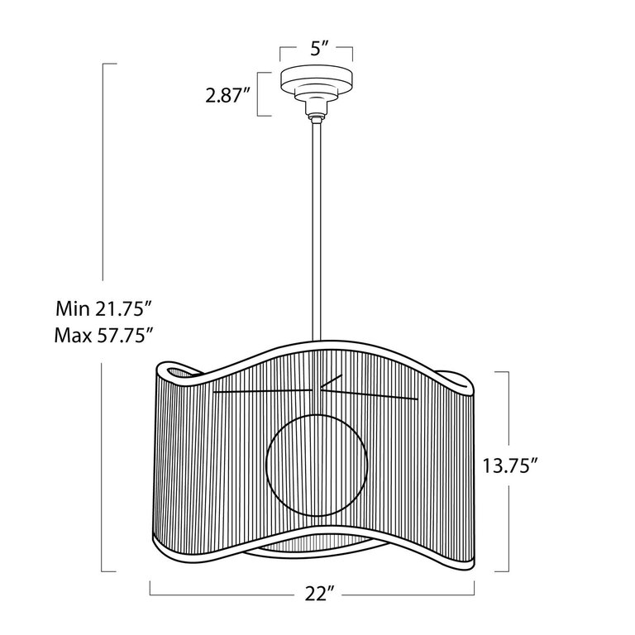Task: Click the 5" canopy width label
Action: tap(317, 48)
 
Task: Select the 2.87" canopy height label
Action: tap(228, 97)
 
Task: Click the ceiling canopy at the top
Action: tap(317, 81)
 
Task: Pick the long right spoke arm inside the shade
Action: tap(372, 395)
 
